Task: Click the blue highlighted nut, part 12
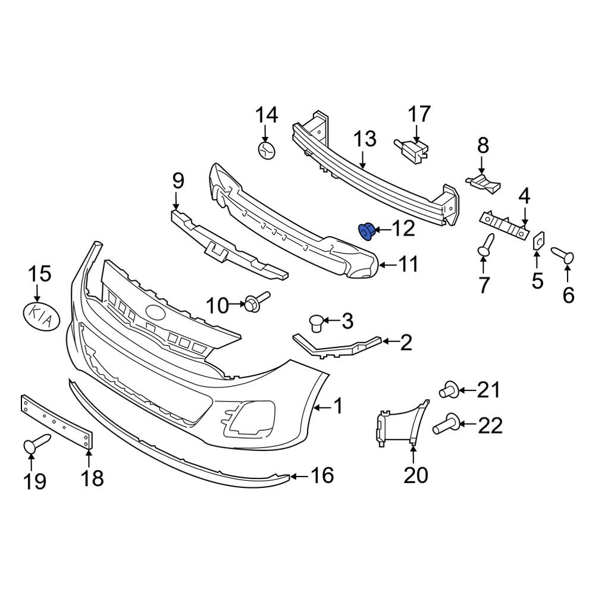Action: point(367,231)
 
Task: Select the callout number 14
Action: point(267,114)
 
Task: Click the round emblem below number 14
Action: point(266,149)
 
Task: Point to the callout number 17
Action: point(418,114)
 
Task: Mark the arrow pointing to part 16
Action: point(299,475)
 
